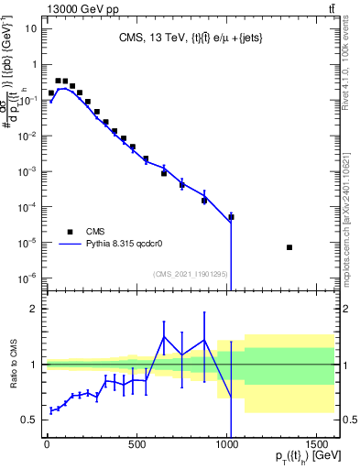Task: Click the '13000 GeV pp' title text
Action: [43, 8]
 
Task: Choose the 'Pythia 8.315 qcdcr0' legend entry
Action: [123, 245]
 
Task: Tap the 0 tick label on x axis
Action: [47, 447]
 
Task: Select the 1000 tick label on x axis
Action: [226, 447]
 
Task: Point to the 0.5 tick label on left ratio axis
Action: [28, 420]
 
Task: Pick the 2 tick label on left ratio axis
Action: [32, 309]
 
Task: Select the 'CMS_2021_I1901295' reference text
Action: [191, 274]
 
